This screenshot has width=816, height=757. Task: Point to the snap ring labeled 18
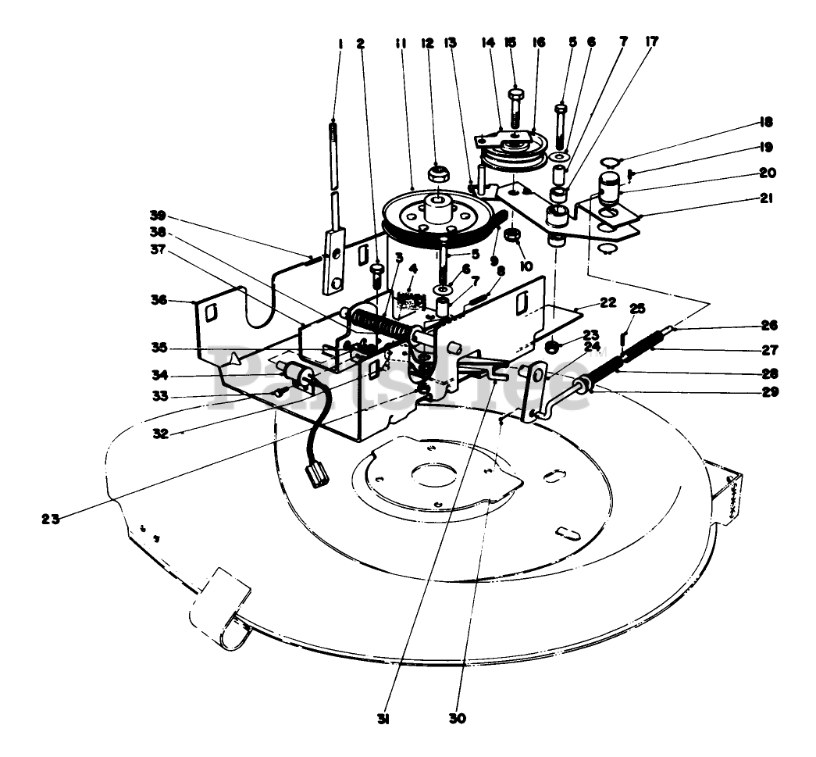[x=611, y=162]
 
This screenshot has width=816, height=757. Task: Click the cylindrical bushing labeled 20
[x=610, y=187]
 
